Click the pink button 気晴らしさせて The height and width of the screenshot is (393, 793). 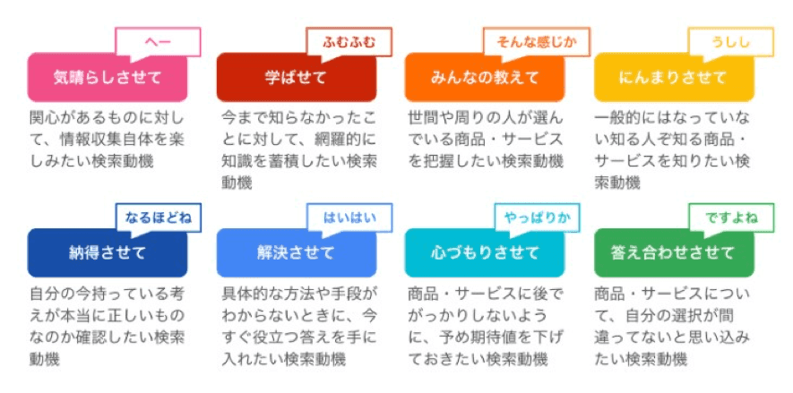(108, 78)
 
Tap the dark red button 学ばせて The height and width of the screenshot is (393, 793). (297, 78)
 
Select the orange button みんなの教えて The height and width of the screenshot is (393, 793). (485, 78)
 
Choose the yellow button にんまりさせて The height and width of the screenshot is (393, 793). (674, 78)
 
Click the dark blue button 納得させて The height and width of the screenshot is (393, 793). (108, 252)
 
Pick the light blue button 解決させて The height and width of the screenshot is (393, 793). (297, 252)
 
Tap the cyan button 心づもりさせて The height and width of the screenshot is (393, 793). (485, 252)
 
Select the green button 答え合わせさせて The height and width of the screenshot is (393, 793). (674, 252)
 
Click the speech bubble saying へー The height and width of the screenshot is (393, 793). (159, 42)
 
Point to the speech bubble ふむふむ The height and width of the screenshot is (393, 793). (349, 42)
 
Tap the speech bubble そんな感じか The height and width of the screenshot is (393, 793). (537, 42)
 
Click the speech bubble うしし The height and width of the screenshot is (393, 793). (731, 42)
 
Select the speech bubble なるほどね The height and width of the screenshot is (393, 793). (159, 218)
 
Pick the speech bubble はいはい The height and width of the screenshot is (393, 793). (349, 218)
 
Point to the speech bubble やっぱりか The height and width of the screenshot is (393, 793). (537, 218)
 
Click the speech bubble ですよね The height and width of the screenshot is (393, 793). (731, 218)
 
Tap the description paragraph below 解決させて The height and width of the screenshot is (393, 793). (299, 327)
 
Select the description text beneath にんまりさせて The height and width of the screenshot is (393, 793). (672, 150)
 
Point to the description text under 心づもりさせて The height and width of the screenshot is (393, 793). (486, 327)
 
